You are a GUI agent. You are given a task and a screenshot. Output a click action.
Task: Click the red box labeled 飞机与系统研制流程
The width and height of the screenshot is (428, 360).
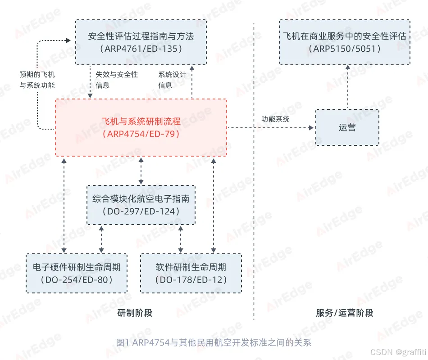(x=141, y=128)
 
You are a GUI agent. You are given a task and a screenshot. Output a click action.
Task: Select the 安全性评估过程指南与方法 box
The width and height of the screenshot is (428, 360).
(x=141, y=42)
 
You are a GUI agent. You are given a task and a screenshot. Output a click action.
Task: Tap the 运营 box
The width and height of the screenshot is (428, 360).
(x=347, y=127)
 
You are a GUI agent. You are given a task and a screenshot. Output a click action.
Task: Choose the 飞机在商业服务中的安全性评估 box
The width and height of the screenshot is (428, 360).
(x=345, y=42)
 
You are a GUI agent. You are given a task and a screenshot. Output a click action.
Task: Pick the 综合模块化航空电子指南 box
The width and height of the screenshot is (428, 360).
(x=141, y=205)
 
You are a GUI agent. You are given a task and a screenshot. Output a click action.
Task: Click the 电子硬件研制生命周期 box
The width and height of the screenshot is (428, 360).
(x=76, y=273)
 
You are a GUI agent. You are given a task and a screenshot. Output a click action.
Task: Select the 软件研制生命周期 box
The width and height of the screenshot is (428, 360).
(x=191, y=273)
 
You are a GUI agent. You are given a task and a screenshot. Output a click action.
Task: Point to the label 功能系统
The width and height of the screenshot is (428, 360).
(x=275, y=119)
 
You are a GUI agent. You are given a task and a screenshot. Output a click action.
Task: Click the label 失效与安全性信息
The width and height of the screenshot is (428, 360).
(x=116, y=80)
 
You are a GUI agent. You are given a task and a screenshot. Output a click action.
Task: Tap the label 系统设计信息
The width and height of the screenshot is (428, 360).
(x=172, y=80)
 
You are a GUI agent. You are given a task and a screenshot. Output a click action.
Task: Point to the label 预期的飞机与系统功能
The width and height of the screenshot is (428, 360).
(x=37, y=80)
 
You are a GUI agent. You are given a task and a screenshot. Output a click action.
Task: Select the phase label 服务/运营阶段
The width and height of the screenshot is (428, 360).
(x=345, y=313)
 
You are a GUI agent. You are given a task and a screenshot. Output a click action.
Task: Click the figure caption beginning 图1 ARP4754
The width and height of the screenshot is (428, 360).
(x=214, y=342)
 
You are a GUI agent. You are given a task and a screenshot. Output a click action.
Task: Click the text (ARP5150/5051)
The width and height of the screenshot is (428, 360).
(x=345, y=49)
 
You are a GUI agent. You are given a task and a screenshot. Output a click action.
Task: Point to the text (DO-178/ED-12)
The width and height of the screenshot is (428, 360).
(x=191, y=280)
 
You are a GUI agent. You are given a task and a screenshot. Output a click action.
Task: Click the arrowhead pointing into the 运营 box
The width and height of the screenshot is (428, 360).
(x=311, y=128)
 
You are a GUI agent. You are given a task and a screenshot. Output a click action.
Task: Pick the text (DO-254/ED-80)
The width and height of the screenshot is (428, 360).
(x=76, y=280)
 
